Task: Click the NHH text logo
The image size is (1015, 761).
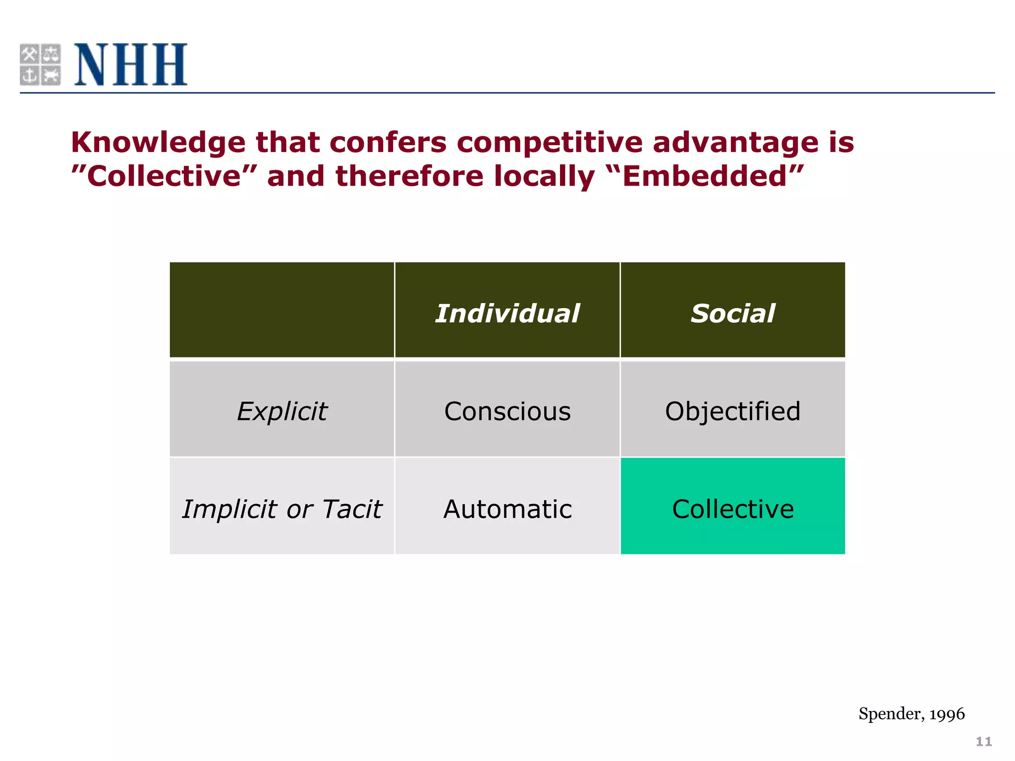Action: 130,64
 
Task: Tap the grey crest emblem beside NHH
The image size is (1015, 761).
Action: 40,64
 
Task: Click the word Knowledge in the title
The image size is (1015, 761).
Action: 158,143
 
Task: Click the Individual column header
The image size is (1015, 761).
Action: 507,313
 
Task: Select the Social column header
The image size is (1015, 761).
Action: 733,313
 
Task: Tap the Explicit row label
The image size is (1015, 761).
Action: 282,411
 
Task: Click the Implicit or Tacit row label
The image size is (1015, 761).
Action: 282,509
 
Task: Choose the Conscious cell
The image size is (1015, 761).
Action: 507,411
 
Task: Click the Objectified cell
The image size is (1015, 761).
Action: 733,411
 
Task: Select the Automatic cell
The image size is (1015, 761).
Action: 507,509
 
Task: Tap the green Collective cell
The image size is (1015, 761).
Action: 733,509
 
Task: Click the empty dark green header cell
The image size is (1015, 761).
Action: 282,310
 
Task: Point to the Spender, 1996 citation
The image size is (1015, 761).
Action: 911,714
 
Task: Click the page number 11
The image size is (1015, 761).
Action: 983,742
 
